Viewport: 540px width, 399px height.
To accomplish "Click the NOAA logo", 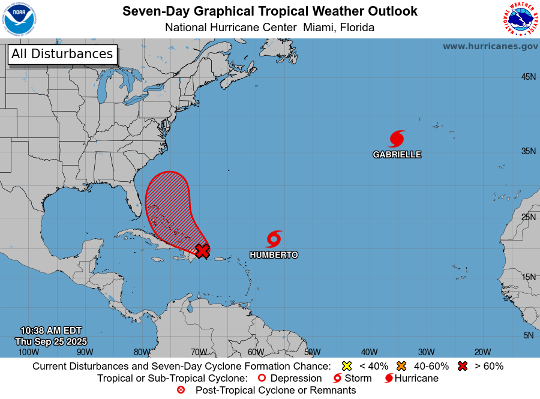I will coord(19,19).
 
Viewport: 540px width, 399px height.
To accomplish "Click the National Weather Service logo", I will coord(520,19).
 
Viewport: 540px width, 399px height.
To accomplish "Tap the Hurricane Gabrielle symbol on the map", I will coord(397,139).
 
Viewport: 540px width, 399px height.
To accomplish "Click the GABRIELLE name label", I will coord(397,154).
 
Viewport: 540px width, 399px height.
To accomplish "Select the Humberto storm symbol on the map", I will coord(274,239).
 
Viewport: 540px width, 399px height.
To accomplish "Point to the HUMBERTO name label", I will coord(274,255).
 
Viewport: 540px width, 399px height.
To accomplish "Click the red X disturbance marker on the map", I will coord(203,251).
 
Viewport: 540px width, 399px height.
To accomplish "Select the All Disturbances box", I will coord(62,54).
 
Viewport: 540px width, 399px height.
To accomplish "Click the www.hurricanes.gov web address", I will coord(490,46).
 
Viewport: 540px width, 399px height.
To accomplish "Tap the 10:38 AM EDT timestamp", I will coord(51,331).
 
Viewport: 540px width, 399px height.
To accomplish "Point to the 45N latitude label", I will coord(528,77).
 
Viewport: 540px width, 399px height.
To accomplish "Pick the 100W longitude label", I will coord(25,352).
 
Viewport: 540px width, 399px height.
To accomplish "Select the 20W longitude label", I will coord(482,352).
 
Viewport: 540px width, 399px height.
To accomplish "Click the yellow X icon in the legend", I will coord(346,366).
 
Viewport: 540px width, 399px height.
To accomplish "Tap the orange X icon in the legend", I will coord(401,366).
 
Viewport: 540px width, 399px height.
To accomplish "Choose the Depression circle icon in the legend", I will coord(262,378).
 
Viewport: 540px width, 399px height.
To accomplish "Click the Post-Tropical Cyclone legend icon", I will coord(181,390).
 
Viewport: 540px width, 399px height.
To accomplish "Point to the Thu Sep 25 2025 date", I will coord(51,341).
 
